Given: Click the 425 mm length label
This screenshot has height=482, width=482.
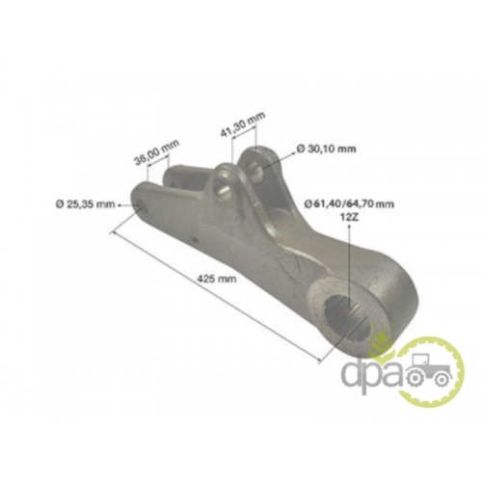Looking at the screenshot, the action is click(217, 279).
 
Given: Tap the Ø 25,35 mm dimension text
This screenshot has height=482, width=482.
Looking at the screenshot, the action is click(85, 203).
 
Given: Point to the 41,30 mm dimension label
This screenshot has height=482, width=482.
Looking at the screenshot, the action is click(243, 123).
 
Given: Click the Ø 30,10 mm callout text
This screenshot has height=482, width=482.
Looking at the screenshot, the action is click(327, 148).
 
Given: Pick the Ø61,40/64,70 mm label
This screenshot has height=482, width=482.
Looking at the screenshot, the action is click(349, 203).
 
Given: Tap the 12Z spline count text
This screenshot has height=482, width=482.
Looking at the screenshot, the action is click(349, 218).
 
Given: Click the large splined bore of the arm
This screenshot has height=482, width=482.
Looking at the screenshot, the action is click(349, 316).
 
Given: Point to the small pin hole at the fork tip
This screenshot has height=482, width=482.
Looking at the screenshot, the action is click(142, 206).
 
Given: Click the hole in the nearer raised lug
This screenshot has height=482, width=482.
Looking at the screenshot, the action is click(223, 188).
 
